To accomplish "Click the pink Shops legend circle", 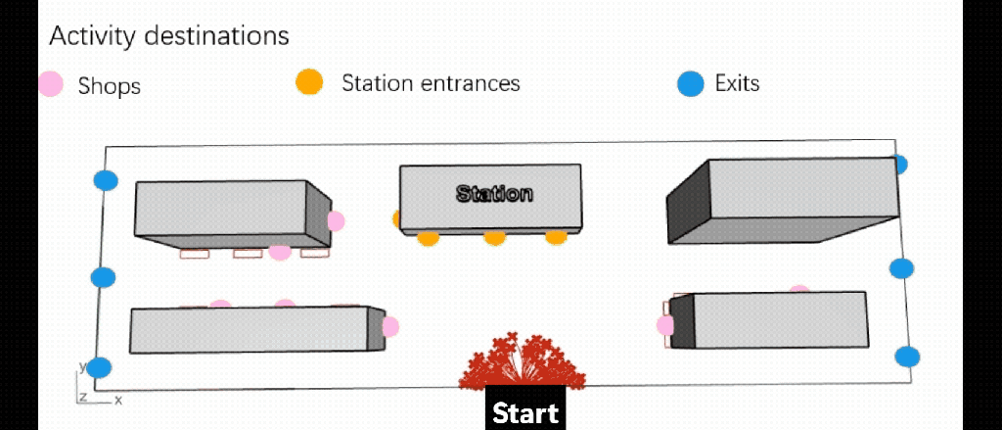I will tap(52, 84).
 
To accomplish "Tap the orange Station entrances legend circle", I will tap(309, 82).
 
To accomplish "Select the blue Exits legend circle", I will tap(691, 84).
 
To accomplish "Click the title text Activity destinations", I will tap(169, 36).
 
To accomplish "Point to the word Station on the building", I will tap(494, 193).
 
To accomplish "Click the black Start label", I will tap(524, 411).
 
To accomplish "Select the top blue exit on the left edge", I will tap(106, 180).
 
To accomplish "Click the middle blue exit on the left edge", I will tap(103, 277).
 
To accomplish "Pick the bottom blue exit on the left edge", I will tap(99, 368).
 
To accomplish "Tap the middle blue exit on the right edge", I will tap(901, 268).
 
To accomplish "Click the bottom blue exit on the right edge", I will tap(908, 357).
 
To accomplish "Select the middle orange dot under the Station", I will tap(495, 237).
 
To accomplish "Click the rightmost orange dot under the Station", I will tap(556, 236).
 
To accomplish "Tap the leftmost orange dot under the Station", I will tap(429, 237).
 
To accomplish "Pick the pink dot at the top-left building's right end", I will tap(336, 220).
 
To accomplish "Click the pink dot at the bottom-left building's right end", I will tap(390, 326).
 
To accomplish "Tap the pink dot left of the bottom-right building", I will tap(665, 324).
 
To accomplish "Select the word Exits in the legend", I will tap(737, 83).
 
